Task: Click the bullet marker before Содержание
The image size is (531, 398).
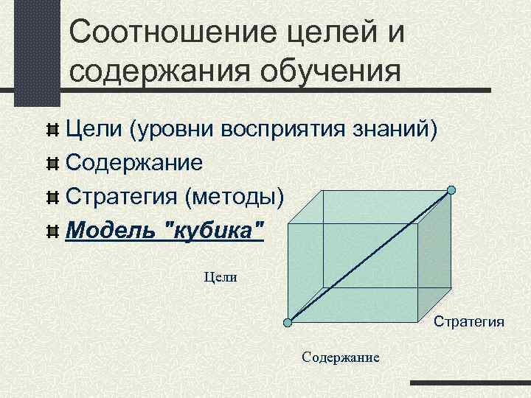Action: tap(52, 162)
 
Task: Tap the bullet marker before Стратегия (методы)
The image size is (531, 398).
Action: tap(52, 198)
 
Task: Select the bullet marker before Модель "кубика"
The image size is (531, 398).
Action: tap(52, 232)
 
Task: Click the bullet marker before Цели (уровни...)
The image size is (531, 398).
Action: tap(52, 130)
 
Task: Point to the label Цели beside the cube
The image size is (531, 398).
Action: tap(220, 277)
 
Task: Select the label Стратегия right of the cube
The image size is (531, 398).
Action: tap(468, 321)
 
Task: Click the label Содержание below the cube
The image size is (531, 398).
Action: tap(340, 357)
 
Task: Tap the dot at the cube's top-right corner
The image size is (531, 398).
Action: tap(451, 190)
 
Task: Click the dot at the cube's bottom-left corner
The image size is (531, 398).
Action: tap(289, 322)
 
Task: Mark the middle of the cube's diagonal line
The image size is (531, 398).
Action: tap(370, 256)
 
